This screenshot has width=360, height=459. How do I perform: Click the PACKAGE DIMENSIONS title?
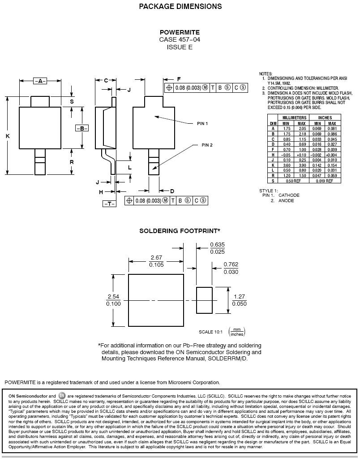click(180, 6)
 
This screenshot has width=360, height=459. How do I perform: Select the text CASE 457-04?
click(180, 39)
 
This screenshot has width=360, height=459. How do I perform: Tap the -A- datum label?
click(40, 81)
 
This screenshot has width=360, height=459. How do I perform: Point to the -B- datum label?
click(82, 128)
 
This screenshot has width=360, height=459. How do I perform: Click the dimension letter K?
click(8, 136)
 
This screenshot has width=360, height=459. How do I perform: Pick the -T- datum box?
click(109, 204)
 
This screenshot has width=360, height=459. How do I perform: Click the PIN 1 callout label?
click(202, 124)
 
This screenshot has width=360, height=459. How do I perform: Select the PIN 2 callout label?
click(207, 145)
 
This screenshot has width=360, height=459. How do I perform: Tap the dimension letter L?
click(129, 168)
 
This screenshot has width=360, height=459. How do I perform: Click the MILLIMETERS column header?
click(294, 118)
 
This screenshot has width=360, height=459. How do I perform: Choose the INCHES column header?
click(325, 118)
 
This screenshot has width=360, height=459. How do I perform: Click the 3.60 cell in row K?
click(287, 165)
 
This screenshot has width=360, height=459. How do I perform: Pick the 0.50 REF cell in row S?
click(293, 181)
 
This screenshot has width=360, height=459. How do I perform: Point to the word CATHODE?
click(289, 195)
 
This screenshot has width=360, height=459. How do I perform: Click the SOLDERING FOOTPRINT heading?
click(180, 231)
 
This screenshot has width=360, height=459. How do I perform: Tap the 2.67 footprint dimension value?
click(156, 258)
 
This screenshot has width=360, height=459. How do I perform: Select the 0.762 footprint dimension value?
click(231, 264)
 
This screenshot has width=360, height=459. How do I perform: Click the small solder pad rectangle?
click(204, 300)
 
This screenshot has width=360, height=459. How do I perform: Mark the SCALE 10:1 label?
click(210, 332)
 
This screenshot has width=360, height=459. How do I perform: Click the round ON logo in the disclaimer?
click(62, 395)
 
